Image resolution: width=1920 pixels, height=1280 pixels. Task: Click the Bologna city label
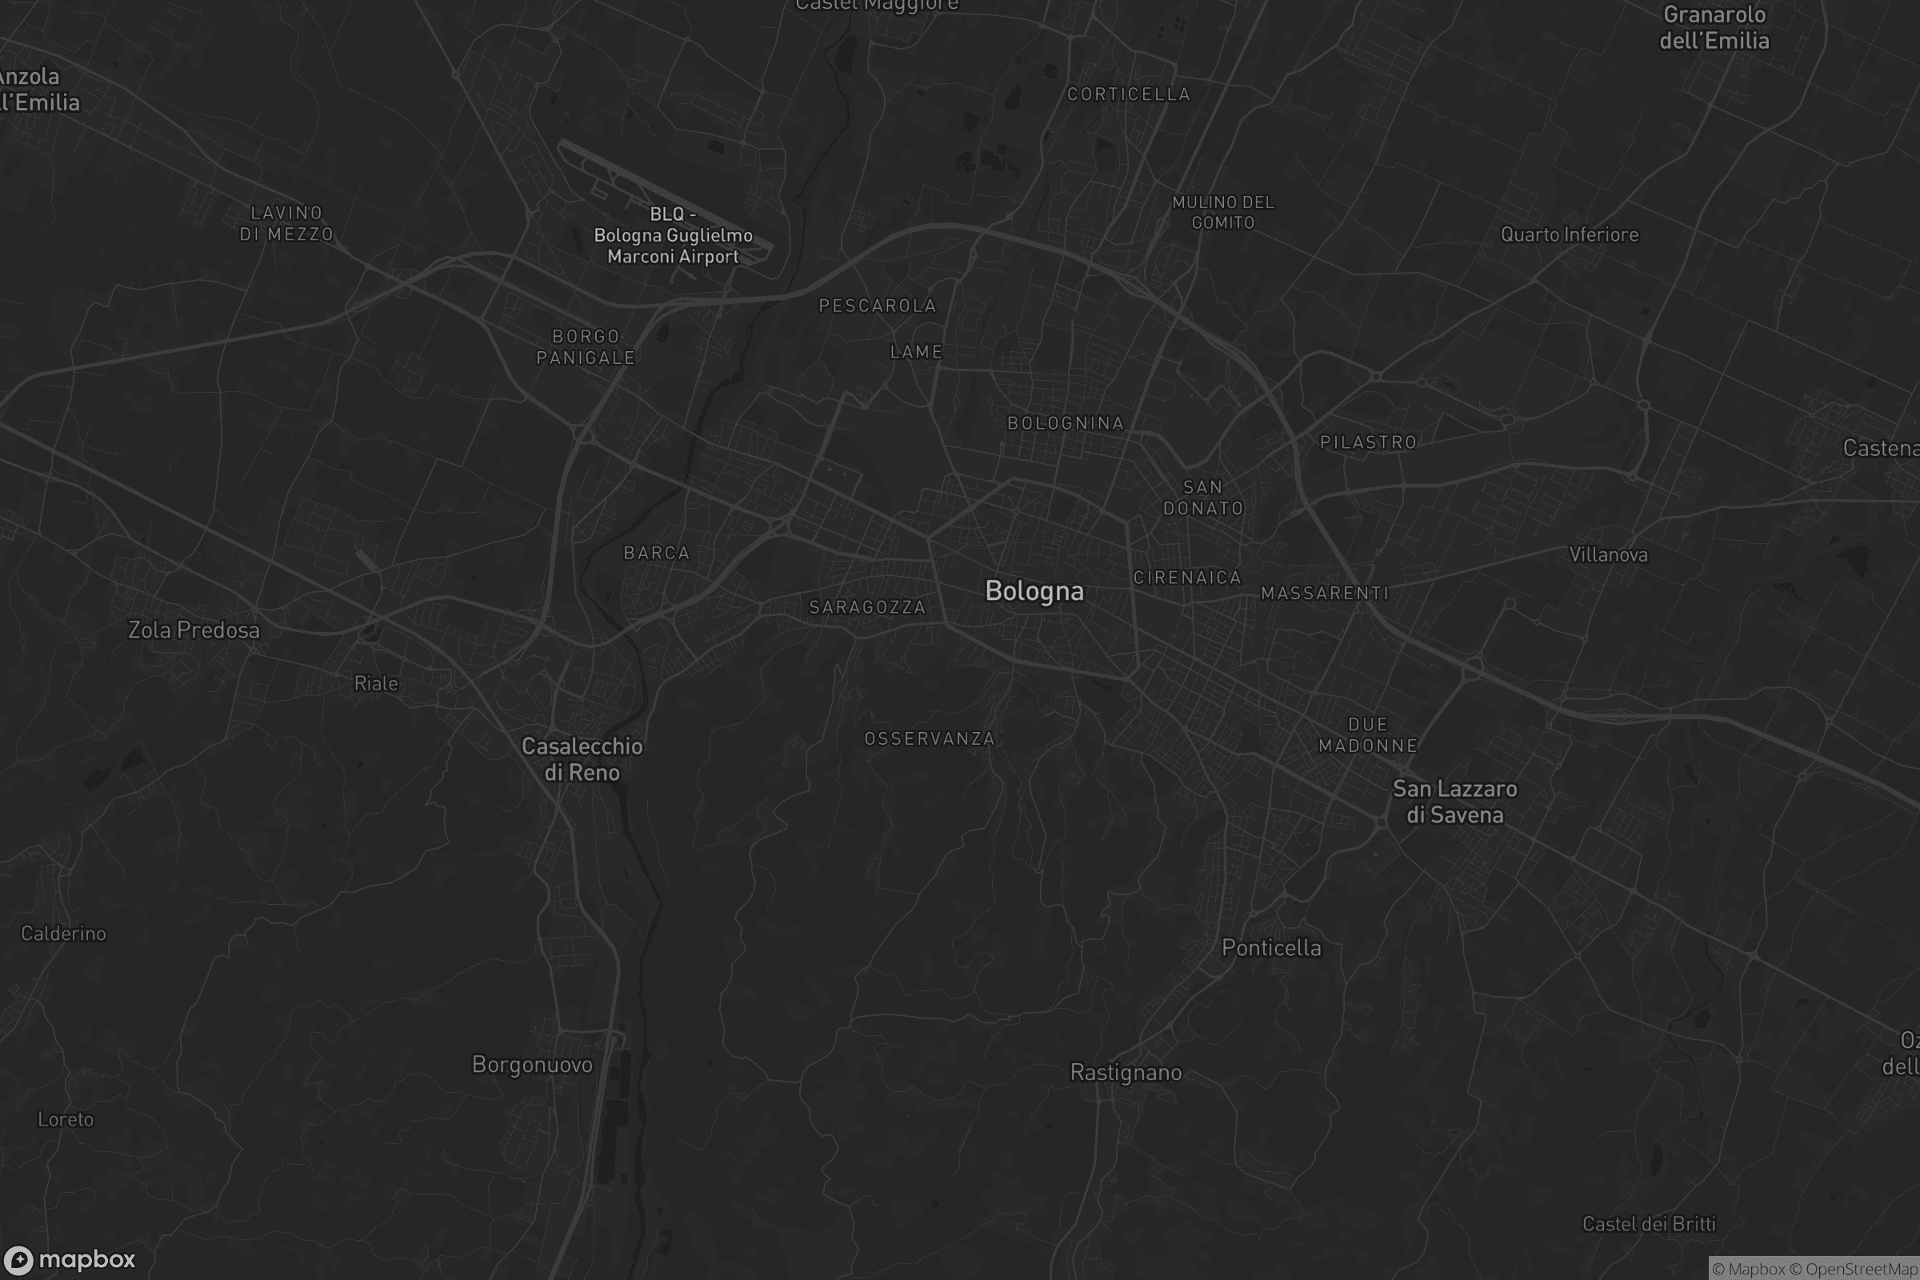(x=1034, y=591)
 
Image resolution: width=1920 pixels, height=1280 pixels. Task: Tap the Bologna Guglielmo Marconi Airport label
(x=674, y=236)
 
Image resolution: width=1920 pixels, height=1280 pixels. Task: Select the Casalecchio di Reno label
(x=582, y=759)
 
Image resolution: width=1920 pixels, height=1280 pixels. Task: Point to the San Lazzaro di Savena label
(x=1454, y=802)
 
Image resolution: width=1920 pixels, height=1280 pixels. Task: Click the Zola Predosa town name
(x=194, y=630)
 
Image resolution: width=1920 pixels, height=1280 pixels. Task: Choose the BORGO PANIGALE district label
(x=586, y=347)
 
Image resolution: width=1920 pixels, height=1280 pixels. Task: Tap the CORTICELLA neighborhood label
(x=1128, y=94)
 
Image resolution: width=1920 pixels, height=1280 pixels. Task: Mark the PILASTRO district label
(x=1368, y=442)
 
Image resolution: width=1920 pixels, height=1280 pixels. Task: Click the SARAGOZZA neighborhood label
(x=867, y=607)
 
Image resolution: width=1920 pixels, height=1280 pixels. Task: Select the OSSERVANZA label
(x=930, y=738)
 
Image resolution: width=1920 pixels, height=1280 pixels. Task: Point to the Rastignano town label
(x=1126, y=1073)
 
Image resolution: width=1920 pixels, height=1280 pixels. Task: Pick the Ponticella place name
(x=1271, y=948)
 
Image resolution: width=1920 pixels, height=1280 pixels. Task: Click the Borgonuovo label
(x=532, y=1065)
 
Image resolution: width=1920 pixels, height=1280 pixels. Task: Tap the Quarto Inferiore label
(x=1569, y=235)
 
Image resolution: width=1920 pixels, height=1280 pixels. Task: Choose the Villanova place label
(x=1608, y=555)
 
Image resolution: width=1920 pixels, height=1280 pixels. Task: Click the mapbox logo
(x=70, y=1259)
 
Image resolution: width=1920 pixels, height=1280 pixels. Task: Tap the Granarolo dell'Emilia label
(x=1714, y=28)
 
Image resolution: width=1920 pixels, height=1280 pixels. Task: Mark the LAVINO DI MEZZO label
(x=286, y=224)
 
